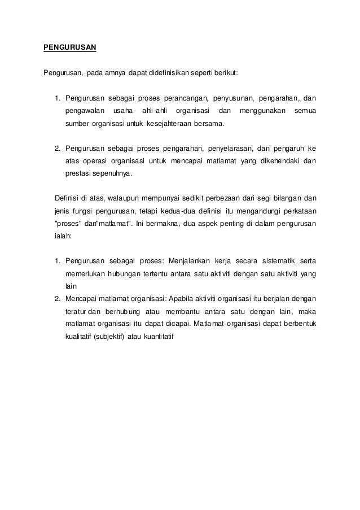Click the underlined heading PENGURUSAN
[x=71, y=47]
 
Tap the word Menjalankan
[x=188, y=261]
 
